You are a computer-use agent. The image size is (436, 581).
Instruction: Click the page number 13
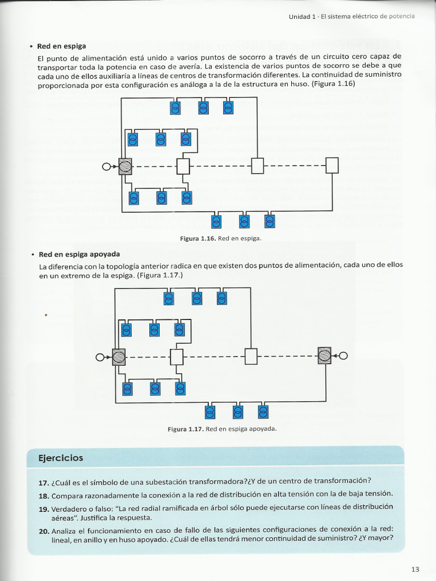click(x=415, y=570)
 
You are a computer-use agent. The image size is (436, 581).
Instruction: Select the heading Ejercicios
click(x=60, y=458)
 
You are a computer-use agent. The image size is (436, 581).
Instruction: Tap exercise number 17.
click(x=43, y=483)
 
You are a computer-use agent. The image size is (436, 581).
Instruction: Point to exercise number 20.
click(x=44, y=531)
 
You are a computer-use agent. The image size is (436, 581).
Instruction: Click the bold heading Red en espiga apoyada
click(x=79, y=255)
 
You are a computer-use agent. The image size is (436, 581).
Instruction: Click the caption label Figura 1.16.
click(x=198, y=239)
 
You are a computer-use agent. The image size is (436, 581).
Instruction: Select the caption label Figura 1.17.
click(x=186, y=429)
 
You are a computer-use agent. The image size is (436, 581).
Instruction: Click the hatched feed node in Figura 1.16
click(x=125, y=166)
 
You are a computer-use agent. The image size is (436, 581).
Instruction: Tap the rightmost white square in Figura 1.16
click(x=332, y=165)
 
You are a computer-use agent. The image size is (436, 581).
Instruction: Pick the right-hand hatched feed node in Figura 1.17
click(x=324, y=356)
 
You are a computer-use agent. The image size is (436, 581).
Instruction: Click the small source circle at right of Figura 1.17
click(x=343, y=356)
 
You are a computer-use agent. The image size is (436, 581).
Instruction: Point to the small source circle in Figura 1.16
click(x=106, y=167)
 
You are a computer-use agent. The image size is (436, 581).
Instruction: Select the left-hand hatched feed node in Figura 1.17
click(x=119, y=357)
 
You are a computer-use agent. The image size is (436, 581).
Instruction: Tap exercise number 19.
click(x=43, y=509)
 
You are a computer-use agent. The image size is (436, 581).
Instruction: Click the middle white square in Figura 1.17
click(x=251, y=356)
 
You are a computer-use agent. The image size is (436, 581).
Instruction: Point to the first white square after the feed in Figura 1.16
click(x=183, y=166)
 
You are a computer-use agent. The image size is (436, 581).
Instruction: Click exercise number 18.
click(x=43, y=496)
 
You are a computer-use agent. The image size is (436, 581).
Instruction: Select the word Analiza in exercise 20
click(x=64, y=531)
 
